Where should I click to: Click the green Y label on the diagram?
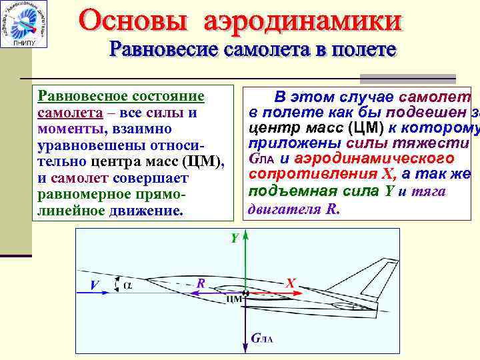[235, 238]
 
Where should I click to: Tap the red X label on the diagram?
[290, 283]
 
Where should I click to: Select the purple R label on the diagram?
[199, 283]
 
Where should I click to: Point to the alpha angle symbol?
[128, 285]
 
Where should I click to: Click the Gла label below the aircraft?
[263, 339]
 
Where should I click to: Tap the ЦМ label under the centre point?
[234, 299]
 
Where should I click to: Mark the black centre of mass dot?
[245, 292]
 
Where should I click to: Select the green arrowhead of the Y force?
[245, 236]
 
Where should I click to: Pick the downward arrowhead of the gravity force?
[245, 347]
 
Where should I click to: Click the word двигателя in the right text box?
[286, 209]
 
